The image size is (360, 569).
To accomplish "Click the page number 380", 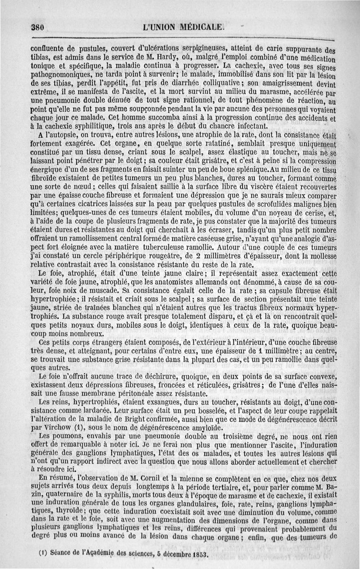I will pyautogui.click(x=37, y=27).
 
